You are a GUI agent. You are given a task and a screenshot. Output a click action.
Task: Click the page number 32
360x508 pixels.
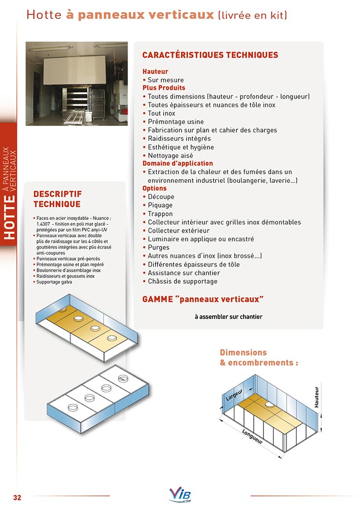[x=17, y=497]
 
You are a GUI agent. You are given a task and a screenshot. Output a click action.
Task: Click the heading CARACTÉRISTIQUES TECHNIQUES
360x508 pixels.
[x=210, y=55]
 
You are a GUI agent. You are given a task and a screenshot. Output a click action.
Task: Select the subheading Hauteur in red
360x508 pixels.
[x=155, y=72]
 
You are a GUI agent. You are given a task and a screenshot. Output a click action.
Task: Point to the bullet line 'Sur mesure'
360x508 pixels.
[x=165, y=80]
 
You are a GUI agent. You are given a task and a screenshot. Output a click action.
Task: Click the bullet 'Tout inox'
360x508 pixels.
[x=161, y=113]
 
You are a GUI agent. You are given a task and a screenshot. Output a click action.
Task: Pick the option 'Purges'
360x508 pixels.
[x=159, y=247]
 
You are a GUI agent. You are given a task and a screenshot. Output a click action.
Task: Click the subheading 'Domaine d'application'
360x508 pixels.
[x=177, y=164]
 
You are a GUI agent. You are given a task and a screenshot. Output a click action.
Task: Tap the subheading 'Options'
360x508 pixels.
[x=155, y=188]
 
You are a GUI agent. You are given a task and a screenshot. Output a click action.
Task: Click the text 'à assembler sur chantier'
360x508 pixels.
[x=228, y=317]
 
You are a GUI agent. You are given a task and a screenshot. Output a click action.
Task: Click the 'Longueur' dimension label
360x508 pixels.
[x=253, y=437]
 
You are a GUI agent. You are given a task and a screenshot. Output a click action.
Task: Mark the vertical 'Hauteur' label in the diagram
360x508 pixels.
[x=316, y=398]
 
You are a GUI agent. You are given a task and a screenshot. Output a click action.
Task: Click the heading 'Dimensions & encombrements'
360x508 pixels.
[x=258, y=358]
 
